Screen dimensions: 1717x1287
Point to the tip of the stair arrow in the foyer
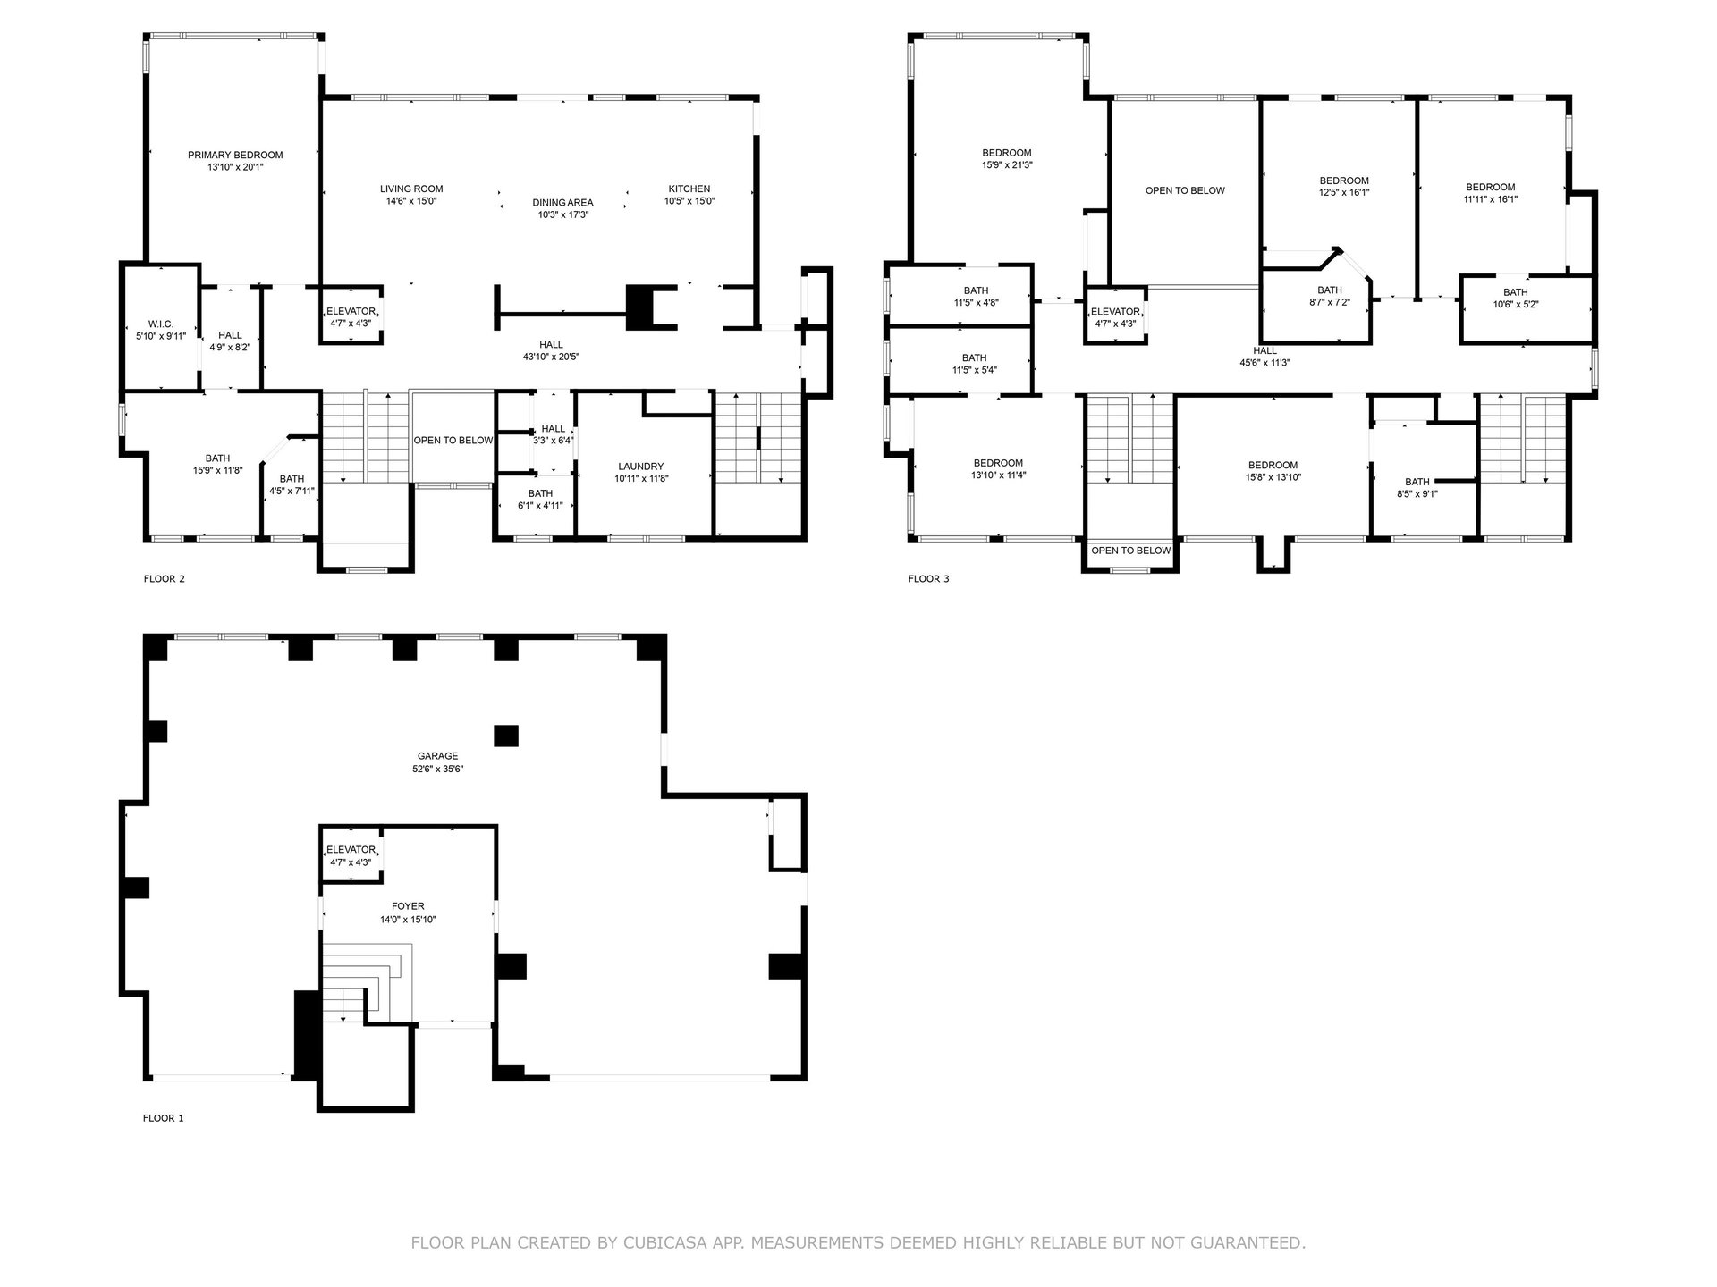point(343,1020)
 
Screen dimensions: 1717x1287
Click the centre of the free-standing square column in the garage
point(506,735)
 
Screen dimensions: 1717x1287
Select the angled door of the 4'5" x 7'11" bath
point(275,449)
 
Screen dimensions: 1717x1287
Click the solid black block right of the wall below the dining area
point(639,307)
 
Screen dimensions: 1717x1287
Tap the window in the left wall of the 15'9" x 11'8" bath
point(123,422)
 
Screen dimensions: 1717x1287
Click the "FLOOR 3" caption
point(928,579)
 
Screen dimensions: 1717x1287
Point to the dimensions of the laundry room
point(641,479)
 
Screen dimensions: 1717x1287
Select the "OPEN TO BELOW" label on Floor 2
point(453,441)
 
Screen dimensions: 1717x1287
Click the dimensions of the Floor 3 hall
point(1264,363)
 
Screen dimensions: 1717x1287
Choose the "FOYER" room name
point(408,906)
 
